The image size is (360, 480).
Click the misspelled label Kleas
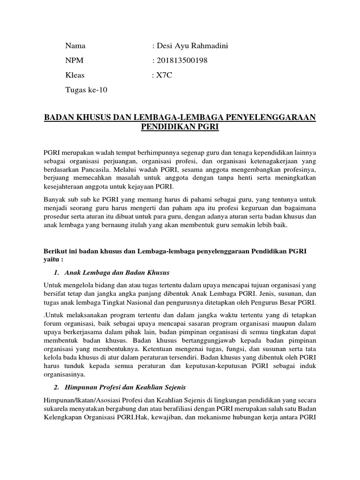tap(75, 75)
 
